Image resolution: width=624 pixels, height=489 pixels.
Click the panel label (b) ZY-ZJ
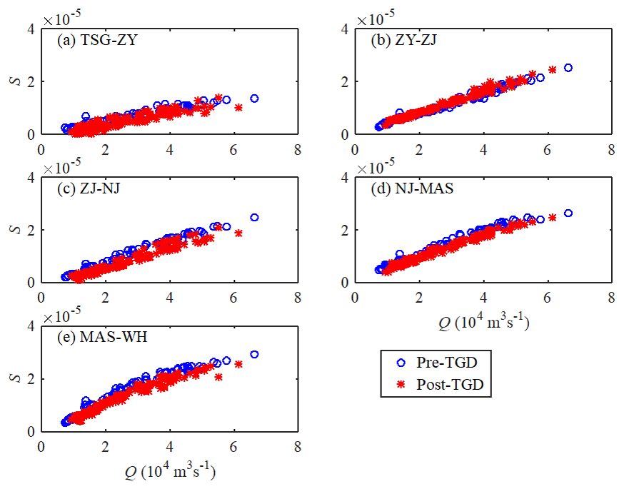pyautogui.click(x=406, y=41)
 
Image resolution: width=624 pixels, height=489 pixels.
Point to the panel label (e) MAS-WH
pyautogui.click(x=102, y=337)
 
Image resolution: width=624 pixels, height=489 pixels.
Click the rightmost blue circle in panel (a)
pyautogui.click(x=254, y=99)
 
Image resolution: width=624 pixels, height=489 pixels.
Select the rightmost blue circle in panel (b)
pyautogui.click(x=568, y=68)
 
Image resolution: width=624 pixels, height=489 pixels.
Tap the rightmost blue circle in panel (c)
pyautogui.click(x=254, y=217)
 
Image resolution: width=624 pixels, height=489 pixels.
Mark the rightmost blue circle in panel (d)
pyautogui.click(x=568, y=213)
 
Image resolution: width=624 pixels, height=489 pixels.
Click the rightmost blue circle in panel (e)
pyautogui.click(x=254, y=354)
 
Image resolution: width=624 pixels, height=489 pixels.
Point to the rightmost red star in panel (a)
pyautogui.click(x=238, y=107)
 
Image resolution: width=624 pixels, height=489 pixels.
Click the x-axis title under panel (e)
pyautogui.click(x=170, y=471)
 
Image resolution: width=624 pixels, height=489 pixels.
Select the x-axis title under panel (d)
pyautogui.click(x=484, y=323)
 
